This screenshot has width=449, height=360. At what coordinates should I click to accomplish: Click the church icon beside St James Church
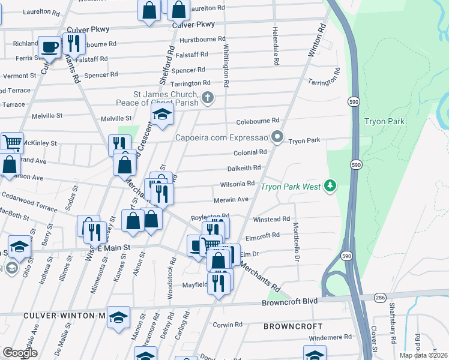[x=208, y=98]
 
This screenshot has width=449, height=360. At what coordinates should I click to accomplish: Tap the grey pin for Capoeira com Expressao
[x=277, y=137]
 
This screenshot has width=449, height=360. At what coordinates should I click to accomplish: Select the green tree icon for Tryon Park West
[x=329, y=187]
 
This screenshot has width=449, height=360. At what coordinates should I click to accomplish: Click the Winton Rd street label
[x=316, y=40]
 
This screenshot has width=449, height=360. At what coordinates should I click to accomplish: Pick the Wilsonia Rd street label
[x=238, y=184]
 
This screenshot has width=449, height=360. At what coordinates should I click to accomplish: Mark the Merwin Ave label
[x=231, y=199]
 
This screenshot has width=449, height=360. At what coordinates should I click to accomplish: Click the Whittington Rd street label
[x=226, y=66]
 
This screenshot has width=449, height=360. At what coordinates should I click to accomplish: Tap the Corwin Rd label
[x=228, y=325]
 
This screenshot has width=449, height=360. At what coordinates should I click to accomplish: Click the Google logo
[x=20, y=353]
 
